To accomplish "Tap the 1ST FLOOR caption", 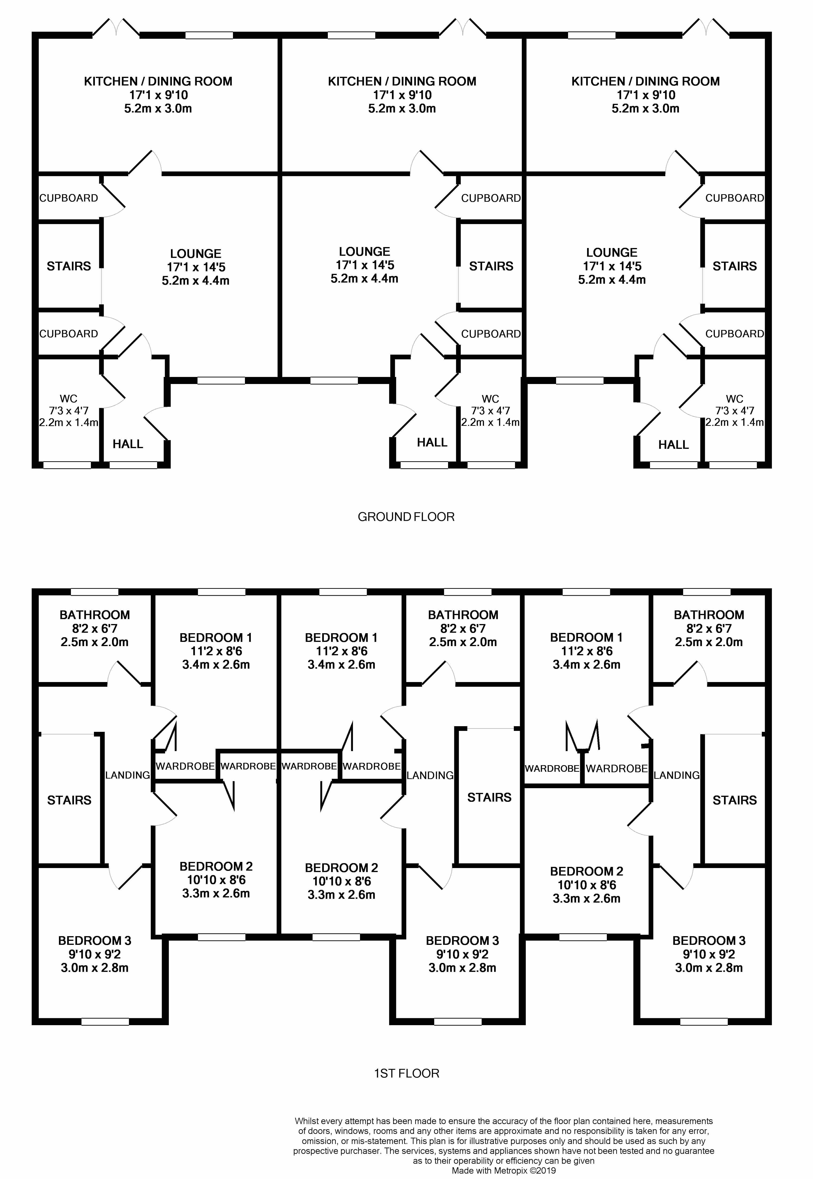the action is point(406,1074).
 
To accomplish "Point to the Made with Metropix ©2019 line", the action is point(504,1171).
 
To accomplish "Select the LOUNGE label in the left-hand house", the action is point(196,254).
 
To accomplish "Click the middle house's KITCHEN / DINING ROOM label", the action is point(402,81).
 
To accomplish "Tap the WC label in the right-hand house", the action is point(735,399).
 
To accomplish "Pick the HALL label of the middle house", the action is point(432,442).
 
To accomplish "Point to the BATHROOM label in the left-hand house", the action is point(95,615).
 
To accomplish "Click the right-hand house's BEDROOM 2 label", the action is point(586,871).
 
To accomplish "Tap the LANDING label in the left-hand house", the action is point(127,775).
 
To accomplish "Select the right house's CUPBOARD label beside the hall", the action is point(735,334).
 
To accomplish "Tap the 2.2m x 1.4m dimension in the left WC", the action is point(69,422).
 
